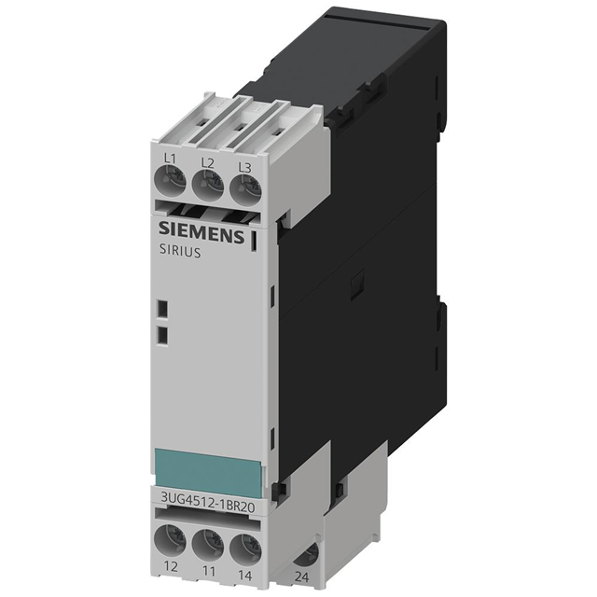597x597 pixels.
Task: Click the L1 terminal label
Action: [x=170, y=160]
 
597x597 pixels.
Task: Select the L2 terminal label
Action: [x=208, y=163]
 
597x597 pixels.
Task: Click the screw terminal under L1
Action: [x=171, y=183]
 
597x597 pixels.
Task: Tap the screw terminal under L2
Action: [x=208, y=187]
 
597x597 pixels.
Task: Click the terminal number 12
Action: [x=168, y=565]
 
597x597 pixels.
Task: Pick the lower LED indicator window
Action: [x=161, y=334]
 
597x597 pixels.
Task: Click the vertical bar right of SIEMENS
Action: [x=253, y=240]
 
